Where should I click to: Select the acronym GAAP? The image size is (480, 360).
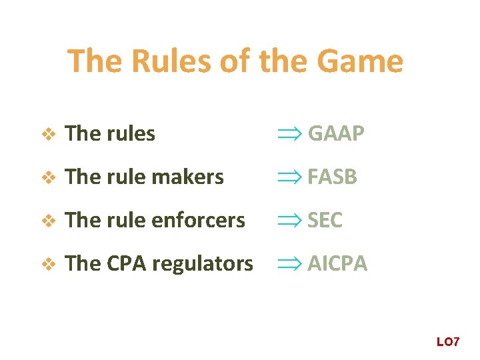[x=336, y=133]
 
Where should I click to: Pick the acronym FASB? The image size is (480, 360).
[x=333, y=177]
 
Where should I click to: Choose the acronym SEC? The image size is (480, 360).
[x=325, y=220]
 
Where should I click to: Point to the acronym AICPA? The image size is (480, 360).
[x=337, y=263]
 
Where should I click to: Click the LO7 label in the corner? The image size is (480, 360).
[x=448, y=342]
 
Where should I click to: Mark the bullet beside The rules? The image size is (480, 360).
[x=47, y=134]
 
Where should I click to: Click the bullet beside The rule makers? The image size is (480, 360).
[x=47, y=177]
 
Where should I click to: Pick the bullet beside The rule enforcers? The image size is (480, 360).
[x=47, y=221]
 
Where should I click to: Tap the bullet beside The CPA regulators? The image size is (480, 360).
[x=47, y=264]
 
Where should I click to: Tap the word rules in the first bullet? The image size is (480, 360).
[x=130, y=133]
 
